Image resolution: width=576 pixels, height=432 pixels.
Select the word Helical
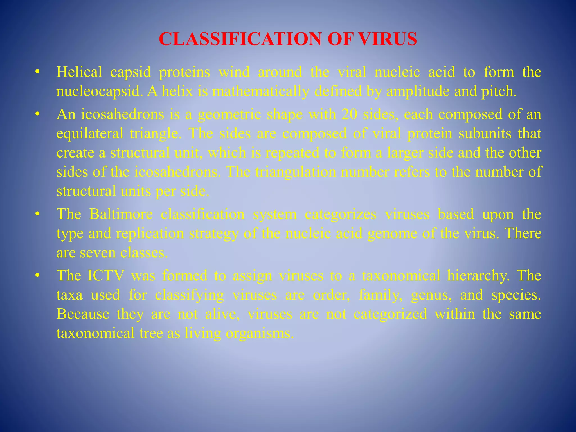(x=79, y=72)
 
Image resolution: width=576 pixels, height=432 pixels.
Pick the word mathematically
(x=260, y=91)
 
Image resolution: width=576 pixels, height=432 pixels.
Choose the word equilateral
(x=90, y=133)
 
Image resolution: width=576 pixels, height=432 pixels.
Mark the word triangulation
(x=295, y=172)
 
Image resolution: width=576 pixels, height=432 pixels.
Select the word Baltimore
(x=121, y=214)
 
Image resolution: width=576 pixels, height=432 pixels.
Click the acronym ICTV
(x=106, y=275)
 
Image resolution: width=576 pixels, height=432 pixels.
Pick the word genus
(x=431, y=295)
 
